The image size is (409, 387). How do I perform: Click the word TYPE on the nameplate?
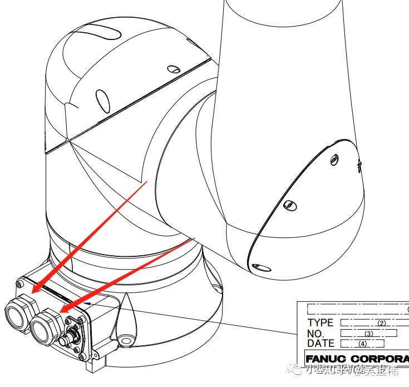(x=320, y=322)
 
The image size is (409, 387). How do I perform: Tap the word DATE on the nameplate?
(x=321, y=344)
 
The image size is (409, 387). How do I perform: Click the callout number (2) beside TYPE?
(x=381, y=323)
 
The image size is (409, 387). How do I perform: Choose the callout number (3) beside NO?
(x=368, y=334)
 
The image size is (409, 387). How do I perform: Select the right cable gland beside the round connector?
(x=46, y=326)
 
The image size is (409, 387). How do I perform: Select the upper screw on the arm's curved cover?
(x=334, y=160)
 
